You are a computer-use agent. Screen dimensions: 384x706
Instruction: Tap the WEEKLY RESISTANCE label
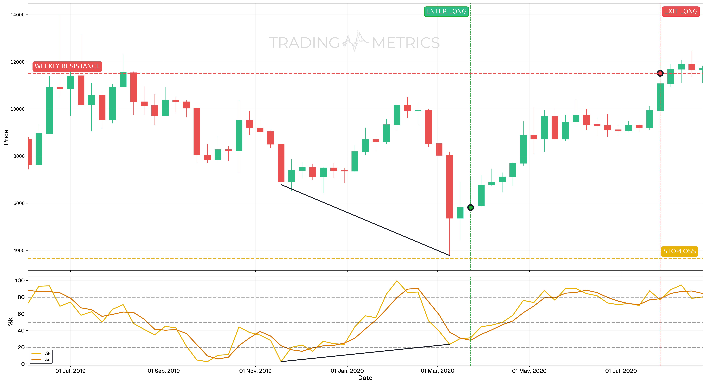67,66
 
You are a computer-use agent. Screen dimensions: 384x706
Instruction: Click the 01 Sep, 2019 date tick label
164,371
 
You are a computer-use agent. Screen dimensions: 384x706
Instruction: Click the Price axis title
6,137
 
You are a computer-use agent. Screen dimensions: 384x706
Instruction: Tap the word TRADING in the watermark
304,43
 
